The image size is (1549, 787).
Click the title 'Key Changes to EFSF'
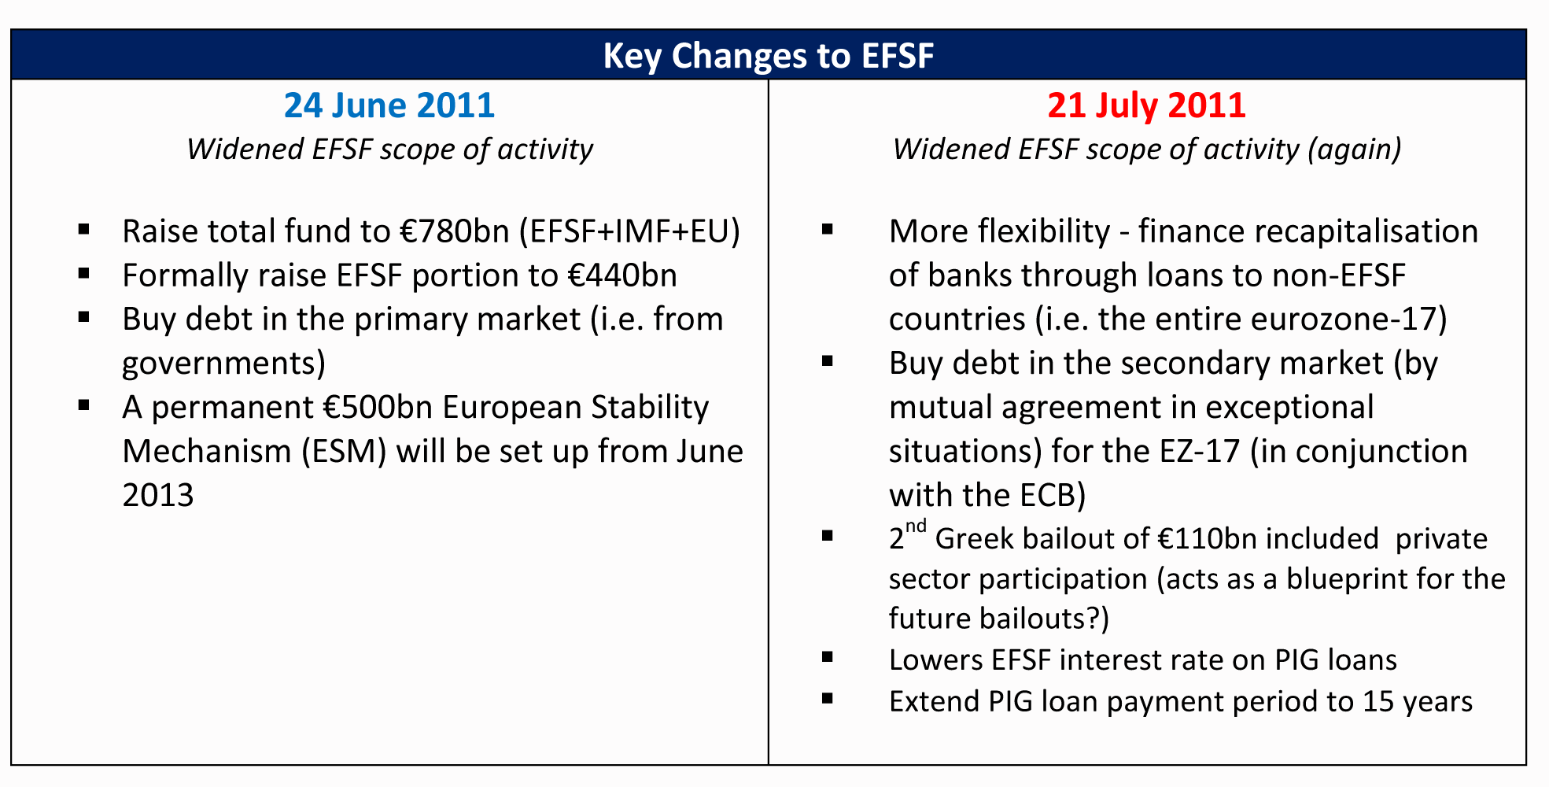[769, 56]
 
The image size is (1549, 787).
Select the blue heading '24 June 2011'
[389, 105]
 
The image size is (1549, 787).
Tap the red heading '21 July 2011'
[1147, 105]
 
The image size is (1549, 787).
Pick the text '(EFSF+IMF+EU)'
[629, 231]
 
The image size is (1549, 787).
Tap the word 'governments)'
[224, 364]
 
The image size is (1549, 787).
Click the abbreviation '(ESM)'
[344, 452]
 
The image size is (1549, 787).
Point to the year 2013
[158, 496]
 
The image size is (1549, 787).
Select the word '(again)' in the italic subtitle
[1354, 150]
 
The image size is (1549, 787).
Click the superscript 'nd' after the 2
[916, 527]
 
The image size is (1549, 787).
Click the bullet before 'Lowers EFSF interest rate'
[827, 656]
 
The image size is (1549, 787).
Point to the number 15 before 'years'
[1378, 702]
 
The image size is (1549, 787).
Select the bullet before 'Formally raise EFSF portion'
[84, 274]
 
